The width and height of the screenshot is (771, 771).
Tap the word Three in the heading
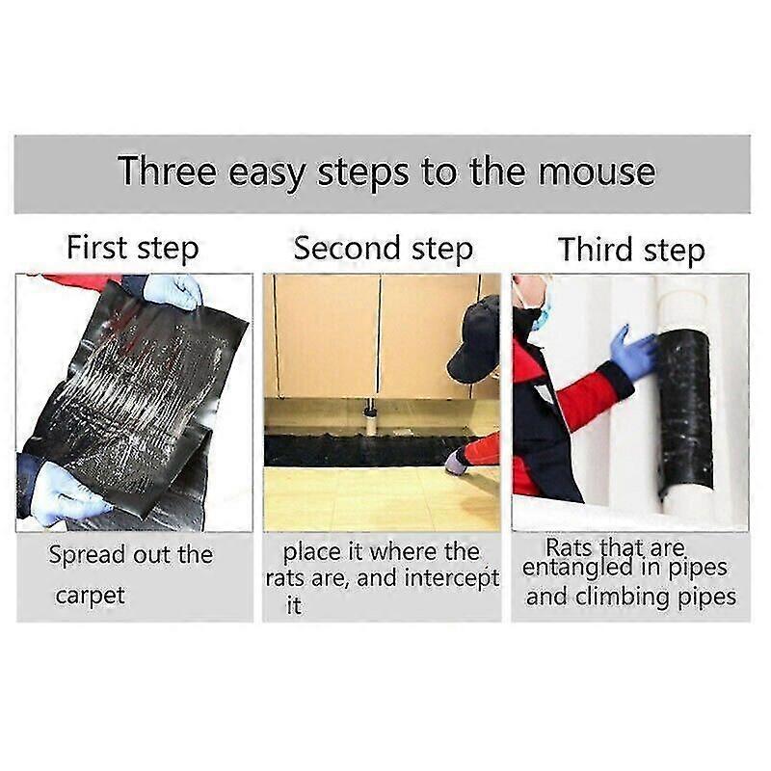click(165, 173)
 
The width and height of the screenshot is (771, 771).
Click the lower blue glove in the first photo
click(64, 496)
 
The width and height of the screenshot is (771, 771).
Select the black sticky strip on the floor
click(366, 449)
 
